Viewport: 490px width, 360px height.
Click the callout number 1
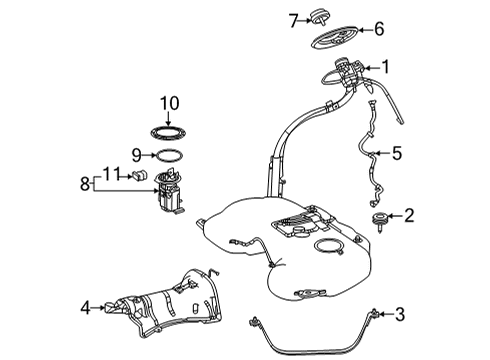click(x=386, y=67)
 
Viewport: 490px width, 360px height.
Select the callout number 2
click(x=409, y=216)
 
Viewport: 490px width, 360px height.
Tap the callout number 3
click(x=400, y=314)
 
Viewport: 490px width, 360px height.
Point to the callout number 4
click(x=86, y=308)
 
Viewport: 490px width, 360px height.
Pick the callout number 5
click(x=397, y=153)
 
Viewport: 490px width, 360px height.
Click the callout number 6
click(x=379, y=29)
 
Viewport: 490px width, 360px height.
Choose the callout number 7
click(x=294, y=21)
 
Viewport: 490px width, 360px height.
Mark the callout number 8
click(x=85, y=183)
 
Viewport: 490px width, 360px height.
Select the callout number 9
click(x=137, y=155)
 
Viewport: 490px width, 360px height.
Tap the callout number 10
click(x=169, y=103)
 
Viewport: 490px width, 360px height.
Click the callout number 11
click(x=111, y=174)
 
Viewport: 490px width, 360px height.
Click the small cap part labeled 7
click(x=318, y=18)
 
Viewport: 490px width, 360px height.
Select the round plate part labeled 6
click(x=336, y=37)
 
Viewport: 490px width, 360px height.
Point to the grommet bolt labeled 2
click(x=380, y=221)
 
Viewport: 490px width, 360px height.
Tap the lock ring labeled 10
click(x=168, y=133)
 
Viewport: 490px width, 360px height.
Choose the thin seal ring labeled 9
click(x=169, y=156)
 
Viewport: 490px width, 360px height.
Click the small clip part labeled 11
click(x=140, y=174)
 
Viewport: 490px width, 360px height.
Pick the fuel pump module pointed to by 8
click(x=169, y=191)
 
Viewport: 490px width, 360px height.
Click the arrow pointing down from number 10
click(x=169, y=119)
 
